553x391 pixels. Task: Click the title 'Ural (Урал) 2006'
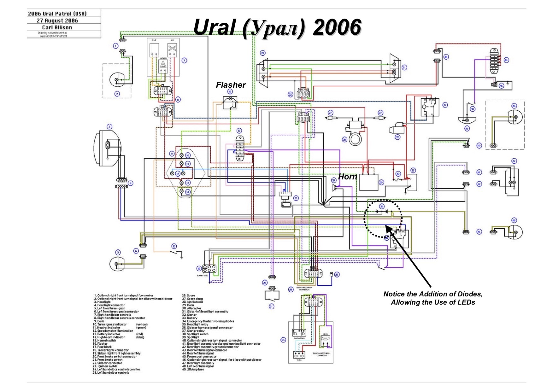point(277,27)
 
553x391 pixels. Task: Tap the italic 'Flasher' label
point(231,85)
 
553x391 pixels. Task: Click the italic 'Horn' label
point(347,177)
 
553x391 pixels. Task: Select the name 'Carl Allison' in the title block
point(57,27)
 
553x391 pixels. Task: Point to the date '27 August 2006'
point(57,20)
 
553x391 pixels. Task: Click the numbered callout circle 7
point(184,61)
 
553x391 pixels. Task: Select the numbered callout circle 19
point(262,53)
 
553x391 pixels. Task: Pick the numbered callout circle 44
point(506,60)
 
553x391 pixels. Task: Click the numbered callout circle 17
point(239,131)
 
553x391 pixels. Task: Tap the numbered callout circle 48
point(514,220)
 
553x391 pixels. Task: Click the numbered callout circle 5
point(118,252)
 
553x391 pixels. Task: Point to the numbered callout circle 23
point(296,198)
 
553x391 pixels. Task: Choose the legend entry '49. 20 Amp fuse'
point(193,369)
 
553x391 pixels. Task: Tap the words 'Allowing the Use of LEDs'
point(433,302)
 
